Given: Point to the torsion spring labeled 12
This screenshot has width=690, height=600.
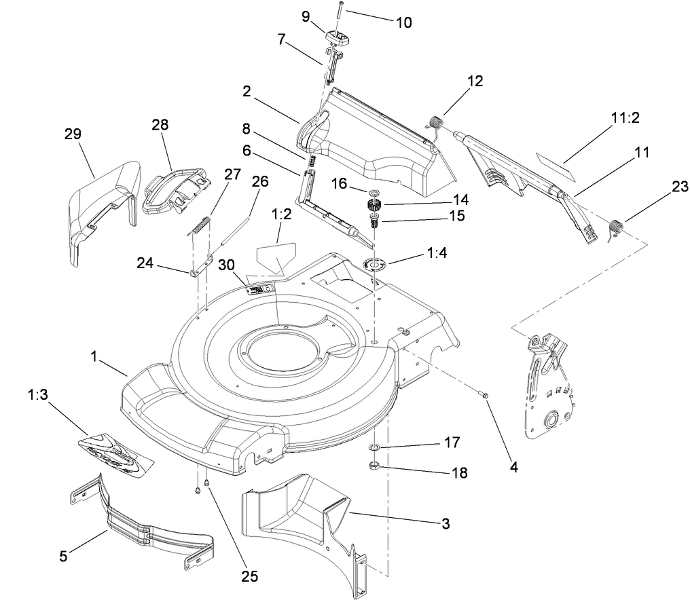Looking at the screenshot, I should (434, 126).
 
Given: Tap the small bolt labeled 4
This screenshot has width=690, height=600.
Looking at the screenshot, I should (486, 395).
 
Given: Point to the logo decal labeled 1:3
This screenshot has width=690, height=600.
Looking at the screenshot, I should (115, 453).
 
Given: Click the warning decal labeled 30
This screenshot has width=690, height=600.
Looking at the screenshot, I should (259, 289).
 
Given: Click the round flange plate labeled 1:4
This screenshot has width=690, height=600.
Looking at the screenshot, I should (374, 263).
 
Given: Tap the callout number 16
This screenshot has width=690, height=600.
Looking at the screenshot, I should (339, 183).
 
